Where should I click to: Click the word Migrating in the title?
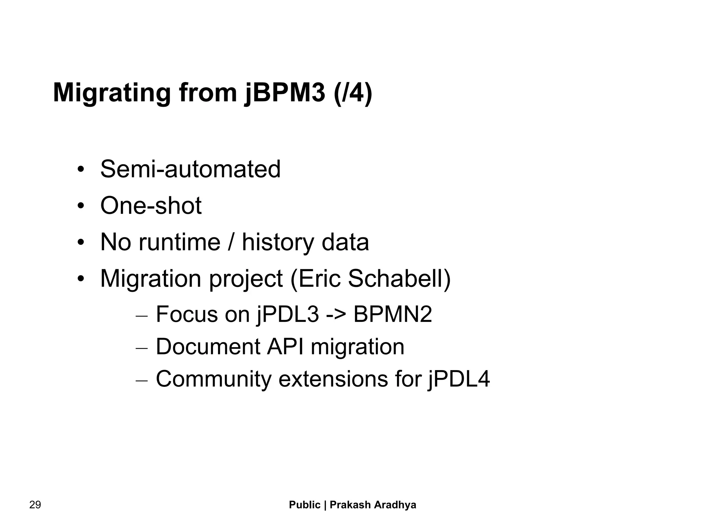tap(112, 93)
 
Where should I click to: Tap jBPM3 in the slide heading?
tap(285, 93)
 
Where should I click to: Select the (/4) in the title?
tap(353, 93)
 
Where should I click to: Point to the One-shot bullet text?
tap(151, 206)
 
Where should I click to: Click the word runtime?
tap(179, 242)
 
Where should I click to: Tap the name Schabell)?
tap(399, 278)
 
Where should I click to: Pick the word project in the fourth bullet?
tap(246, 278)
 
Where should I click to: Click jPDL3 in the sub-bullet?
tap(288, 314)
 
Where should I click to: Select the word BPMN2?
tap(393, 314)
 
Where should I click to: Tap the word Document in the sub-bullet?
tap(208, 346)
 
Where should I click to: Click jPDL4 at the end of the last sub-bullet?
tap(459, 379)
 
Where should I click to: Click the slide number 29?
tap(35, 505)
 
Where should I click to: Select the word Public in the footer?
tap(305, 505)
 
